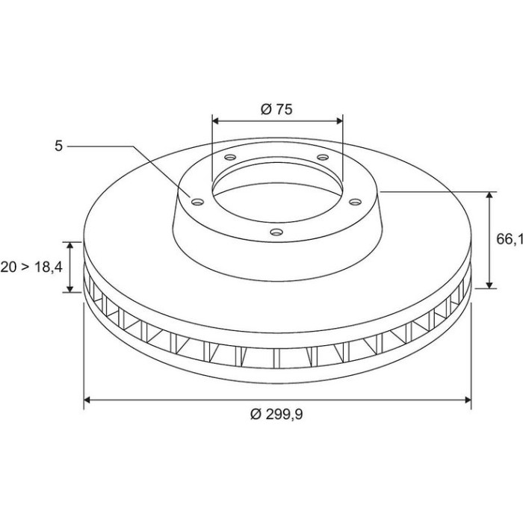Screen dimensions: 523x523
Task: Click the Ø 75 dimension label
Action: coord(276,109)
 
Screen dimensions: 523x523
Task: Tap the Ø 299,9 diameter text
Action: coord(276,414)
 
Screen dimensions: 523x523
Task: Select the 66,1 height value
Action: coord(510,239)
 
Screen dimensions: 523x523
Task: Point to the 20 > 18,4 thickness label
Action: coord(31,267)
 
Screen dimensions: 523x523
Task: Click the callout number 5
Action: coord(59,146)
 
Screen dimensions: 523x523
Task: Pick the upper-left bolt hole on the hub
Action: coord(230,157)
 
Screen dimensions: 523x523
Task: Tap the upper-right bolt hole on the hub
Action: coord(323,157)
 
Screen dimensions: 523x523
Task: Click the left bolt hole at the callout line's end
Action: coord(197,202)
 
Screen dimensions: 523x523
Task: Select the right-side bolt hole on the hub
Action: coord(355,202)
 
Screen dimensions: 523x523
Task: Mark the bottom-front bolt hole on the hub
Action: coord(276,232)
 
